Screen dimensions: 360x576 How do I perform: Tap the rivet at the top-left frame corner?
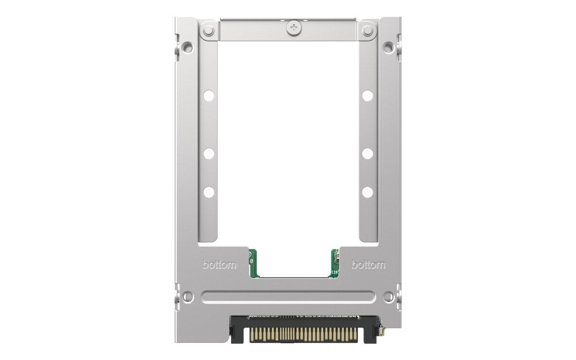pyautogui.click(x=209, y=31)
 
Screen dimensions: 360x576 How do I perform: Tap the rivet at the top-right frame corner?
pyautogui.click(x=367, y=31)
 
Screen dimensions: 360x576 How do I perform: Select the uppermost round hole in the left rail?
pyautogui.click(x=209, y=96)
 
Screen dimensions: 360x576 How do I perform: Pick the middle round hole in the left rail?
pyautogui.click(x=209, y=153)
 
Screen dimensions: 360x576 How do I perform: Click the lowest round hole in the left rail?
pyautogui.click(x=209, y=192)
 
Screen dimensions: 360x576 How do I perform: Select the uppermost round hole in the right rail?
pyautogui.click(x=367, y=96)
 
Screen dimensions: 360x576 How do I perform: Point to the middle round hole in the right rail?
pyautogui.click(x=367, y=153)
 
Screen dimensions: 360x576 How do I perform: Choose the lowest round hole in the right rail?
pyautogui.click(x=367, y=192)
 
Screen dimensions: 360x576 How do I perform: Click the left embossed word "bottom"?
pyautogui.click(x=219, y=265)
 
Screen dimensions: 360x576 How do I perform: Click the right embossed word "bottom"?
pyautogui.click(x=369, y=265)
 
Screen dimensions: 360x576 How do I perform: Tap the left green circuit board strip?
pyautogui.click(x=252, y=264)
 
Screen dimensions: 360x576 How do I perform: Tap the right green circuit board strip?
pyautogui.click(x=335, y=264)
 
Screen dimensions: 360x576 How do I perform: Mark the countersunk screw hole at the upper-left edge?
pyautogui.click(x=187, y=47)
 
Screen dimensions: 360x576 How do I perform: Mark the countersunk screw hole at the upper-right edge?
pyautogui.click(x=389, y=47)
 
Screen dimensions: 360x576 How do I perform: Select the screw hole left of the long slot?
pyautogui.click(x=188, y=297)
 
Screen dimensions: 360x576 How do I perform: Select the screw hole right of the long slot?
pyautogui.click(x=389, y=297)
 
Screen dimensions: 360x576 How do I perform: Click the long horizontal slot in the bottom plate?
pyautogui.click(x=288, y=297)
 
